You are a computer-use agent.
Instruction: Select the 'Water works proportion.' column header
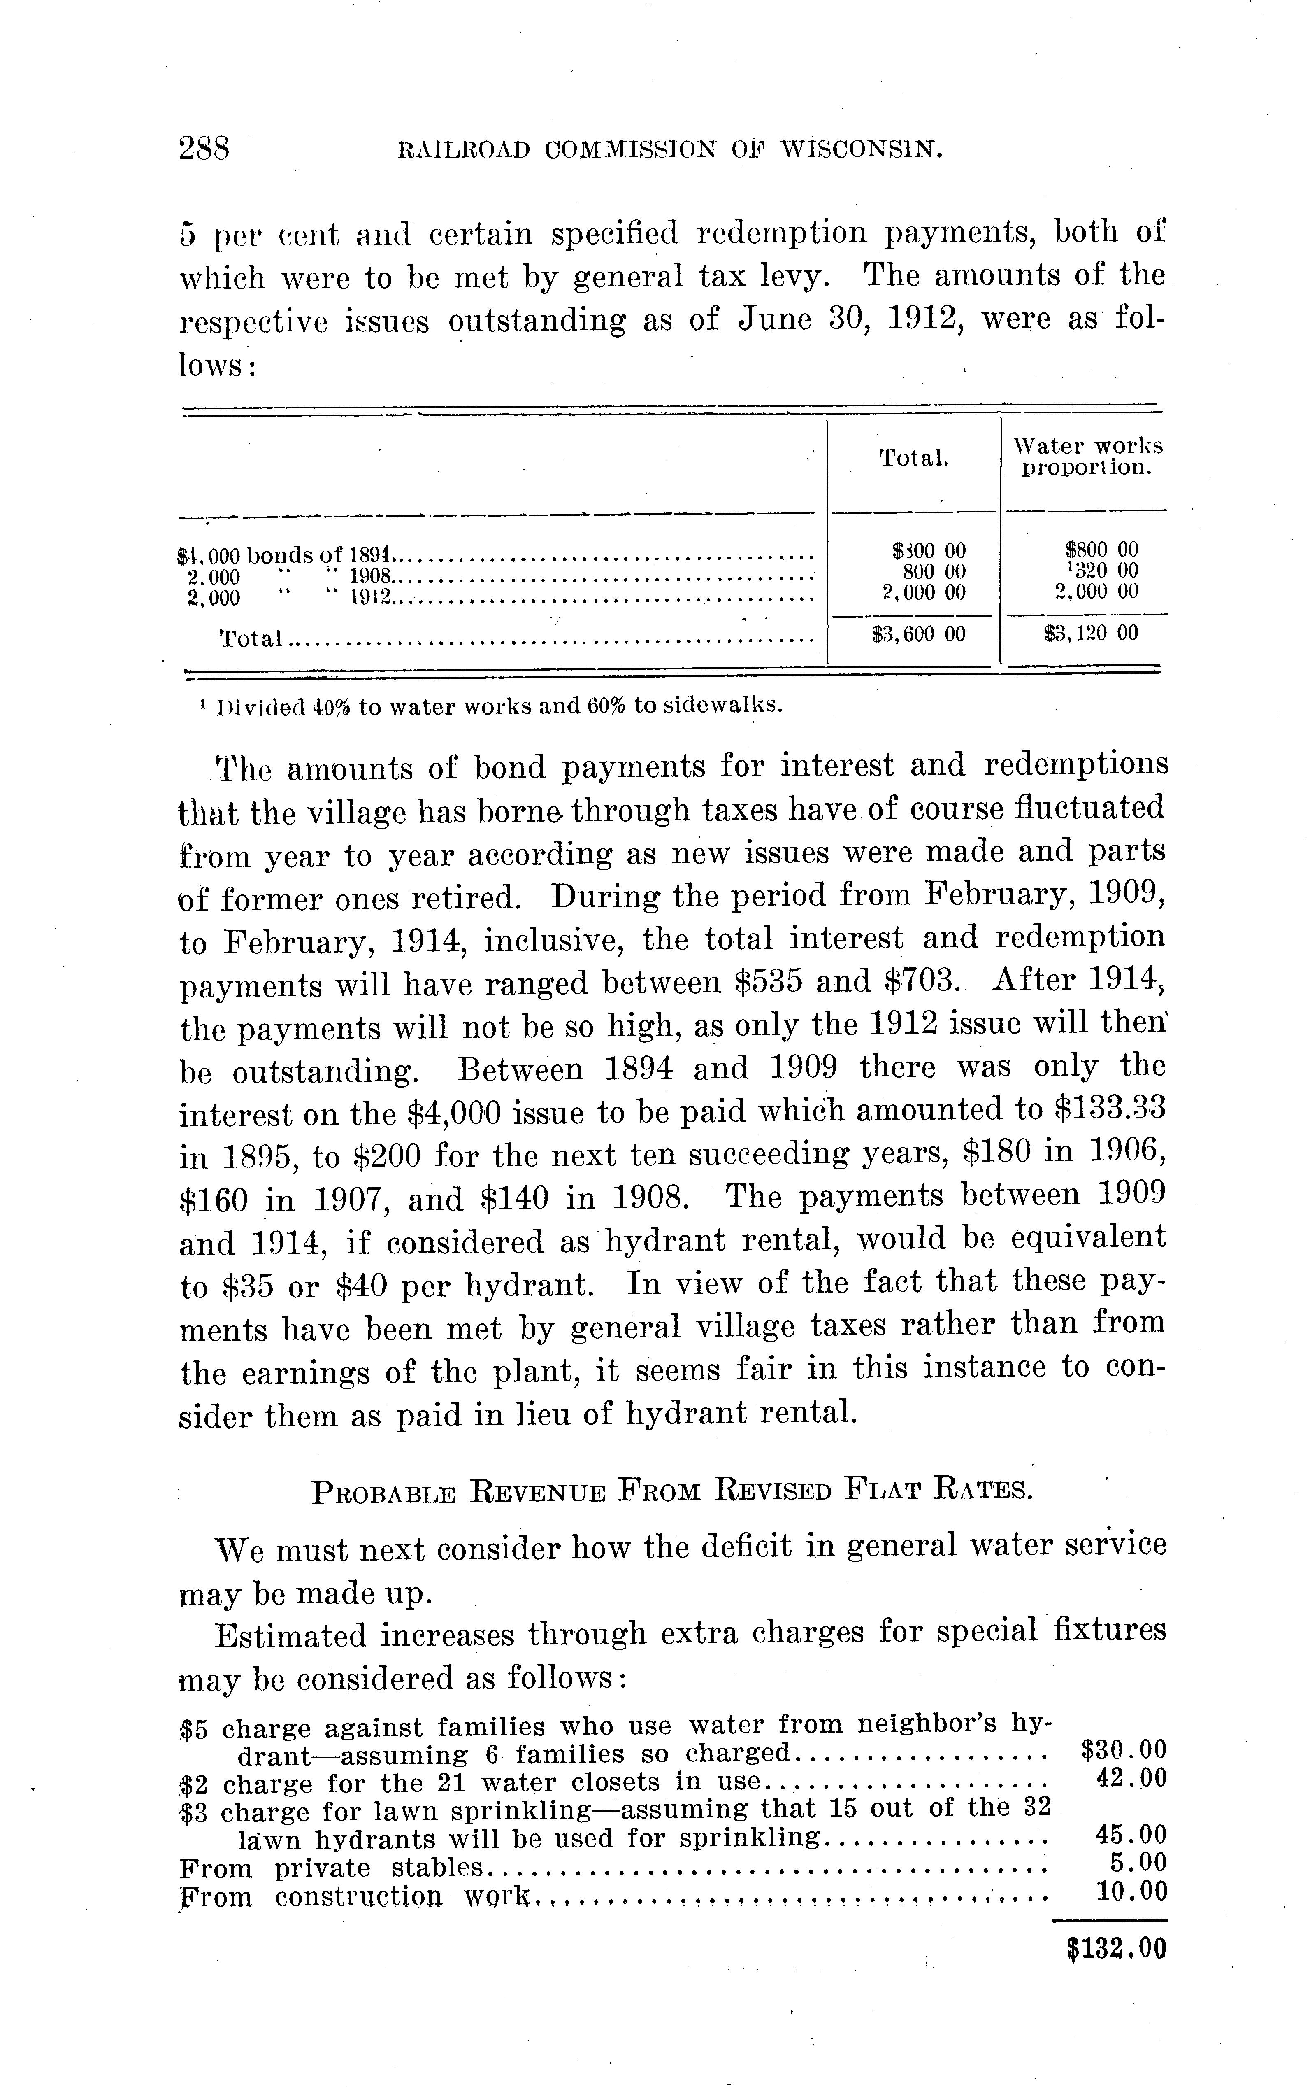pos(1088,457)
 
